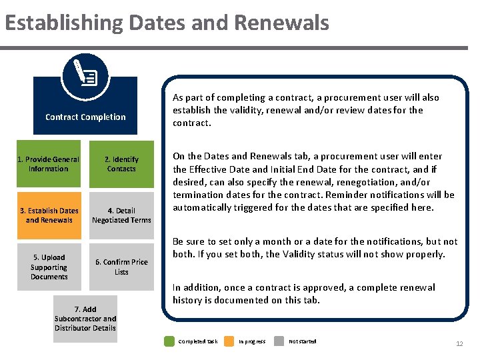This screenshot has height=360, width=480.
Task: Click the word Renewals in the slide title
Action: click(281, 23)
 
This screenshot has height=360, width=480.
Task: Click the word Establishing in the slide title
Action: click(64, 23)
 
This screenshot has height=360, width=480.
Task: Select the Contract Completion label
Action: click(85, 117)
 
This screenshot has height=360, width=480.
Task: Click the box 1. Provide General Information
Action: click(49, 164)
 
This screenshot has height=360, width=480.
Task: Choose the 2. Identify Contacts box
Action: click(121, 164)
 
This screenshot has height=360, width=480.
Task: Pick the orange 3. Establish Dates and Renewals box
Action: click(49, 215)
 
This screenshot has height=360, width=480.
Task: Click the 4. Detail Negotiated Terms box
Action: click(121, 215)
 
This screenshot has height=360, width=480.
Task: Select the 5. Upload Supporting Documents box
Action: click(49, 267)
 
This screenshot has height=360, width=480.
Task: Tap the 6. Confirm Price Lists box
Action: click(121, 267)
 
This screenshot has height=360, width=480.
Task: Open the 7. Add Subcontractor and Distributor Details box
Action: click(85, 319)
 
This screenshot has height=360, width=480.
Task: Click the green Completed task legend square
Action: click(169, 341)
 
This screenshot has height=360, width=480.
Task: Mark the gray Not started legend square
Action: click(281, 341)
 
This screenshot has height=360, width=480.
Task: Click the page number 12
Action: click(459, 343)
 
